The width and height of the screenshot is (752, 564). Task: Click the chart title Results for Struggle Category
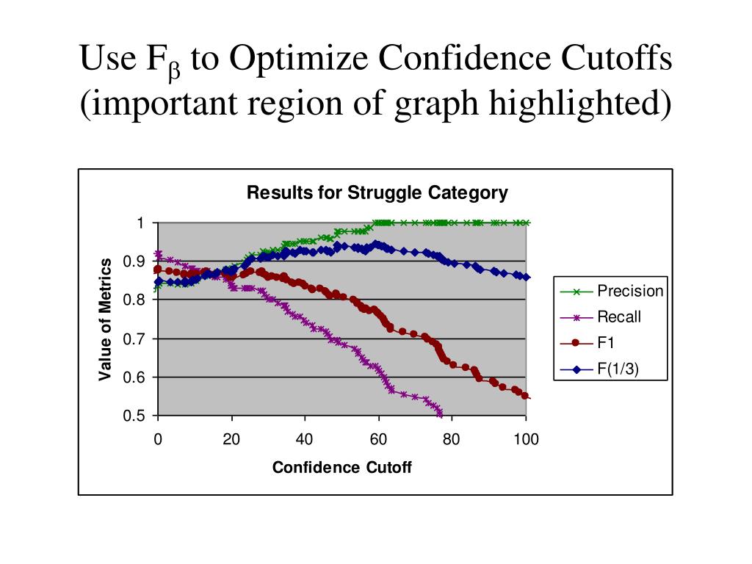pos(377,193)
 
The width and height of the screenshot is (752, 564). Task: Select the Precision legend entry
pos(629,291)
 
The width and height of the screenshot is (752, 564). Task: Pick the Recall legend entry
pos(618,317)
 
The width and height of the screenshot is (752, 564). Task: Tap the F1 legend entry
pos(607,343)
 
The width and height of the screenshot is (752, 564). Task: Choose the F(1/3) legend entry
pos(618,369)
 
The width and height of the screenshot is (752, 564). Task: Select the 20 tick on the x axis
pos(231,439)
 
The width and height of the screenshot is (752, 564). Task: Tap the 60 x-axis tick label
pos(378,439)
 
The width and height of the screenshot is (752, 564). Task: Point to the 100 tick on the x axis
pos(526,439)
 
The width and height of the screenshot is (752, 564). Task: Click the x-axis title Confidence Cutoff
pos(341,468)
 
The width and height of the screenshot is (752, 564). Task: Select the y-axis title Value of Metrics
pos(106,319)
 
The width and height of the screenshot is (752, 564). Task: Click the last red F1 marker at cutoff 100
pos(525,396)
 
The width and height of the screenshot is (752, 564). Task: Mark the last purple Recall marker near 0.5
pos(440,413)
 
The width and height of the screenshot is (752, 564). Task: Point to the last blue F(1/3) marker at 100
pos(527,277)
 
